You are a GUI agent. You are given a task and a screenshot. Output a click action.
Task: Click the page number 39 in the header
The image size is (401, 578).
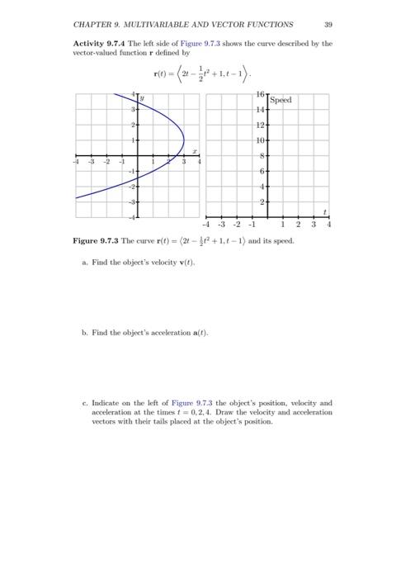[x=328, y=24]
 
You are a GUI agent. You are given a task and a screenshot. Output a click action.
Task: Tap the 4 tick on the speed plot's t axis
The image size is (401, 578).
[x=328, y=224]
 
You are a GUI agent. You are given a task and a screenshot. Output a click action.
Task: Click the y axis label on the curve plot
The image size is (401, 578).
[x=142, y=99]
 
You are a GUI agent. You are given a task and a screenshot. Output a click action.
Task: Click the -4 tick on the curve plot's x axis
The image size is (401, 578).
[x=77, y=163]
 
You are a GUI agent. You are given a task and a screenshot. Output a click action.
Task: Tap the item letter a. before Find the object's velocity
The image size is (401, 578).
[x=85, y=263]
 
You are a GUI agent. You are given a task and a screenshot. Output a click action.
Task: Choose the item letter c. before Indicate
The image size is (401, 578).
[x=85, y=404]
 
